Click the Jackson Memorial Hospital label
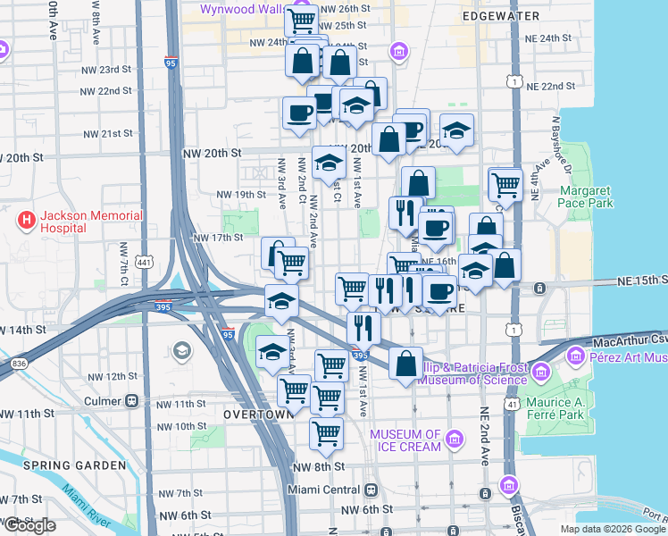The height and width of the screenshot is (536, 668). (x=79, y=222)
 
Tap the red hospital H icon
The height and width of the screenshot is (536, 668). (x=26, y=219)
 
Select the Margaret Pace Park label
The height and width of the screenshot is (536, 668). (x=587, y=197)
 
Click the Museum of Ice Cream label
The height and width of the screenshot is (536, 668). (x=405, y=440)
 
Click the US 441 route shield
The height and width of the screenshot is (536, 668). (x=144, y=261)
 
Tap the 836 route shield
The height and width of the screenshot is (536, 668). (x=18, y=364)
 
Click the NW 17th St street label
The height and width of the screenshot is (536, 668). (x=219, y=238)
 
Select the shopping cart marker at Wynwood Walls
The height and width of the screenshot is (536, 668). (x=302, y=20)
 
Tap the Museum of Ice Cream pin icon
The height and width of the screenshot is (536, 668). (x=455, y=439)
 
